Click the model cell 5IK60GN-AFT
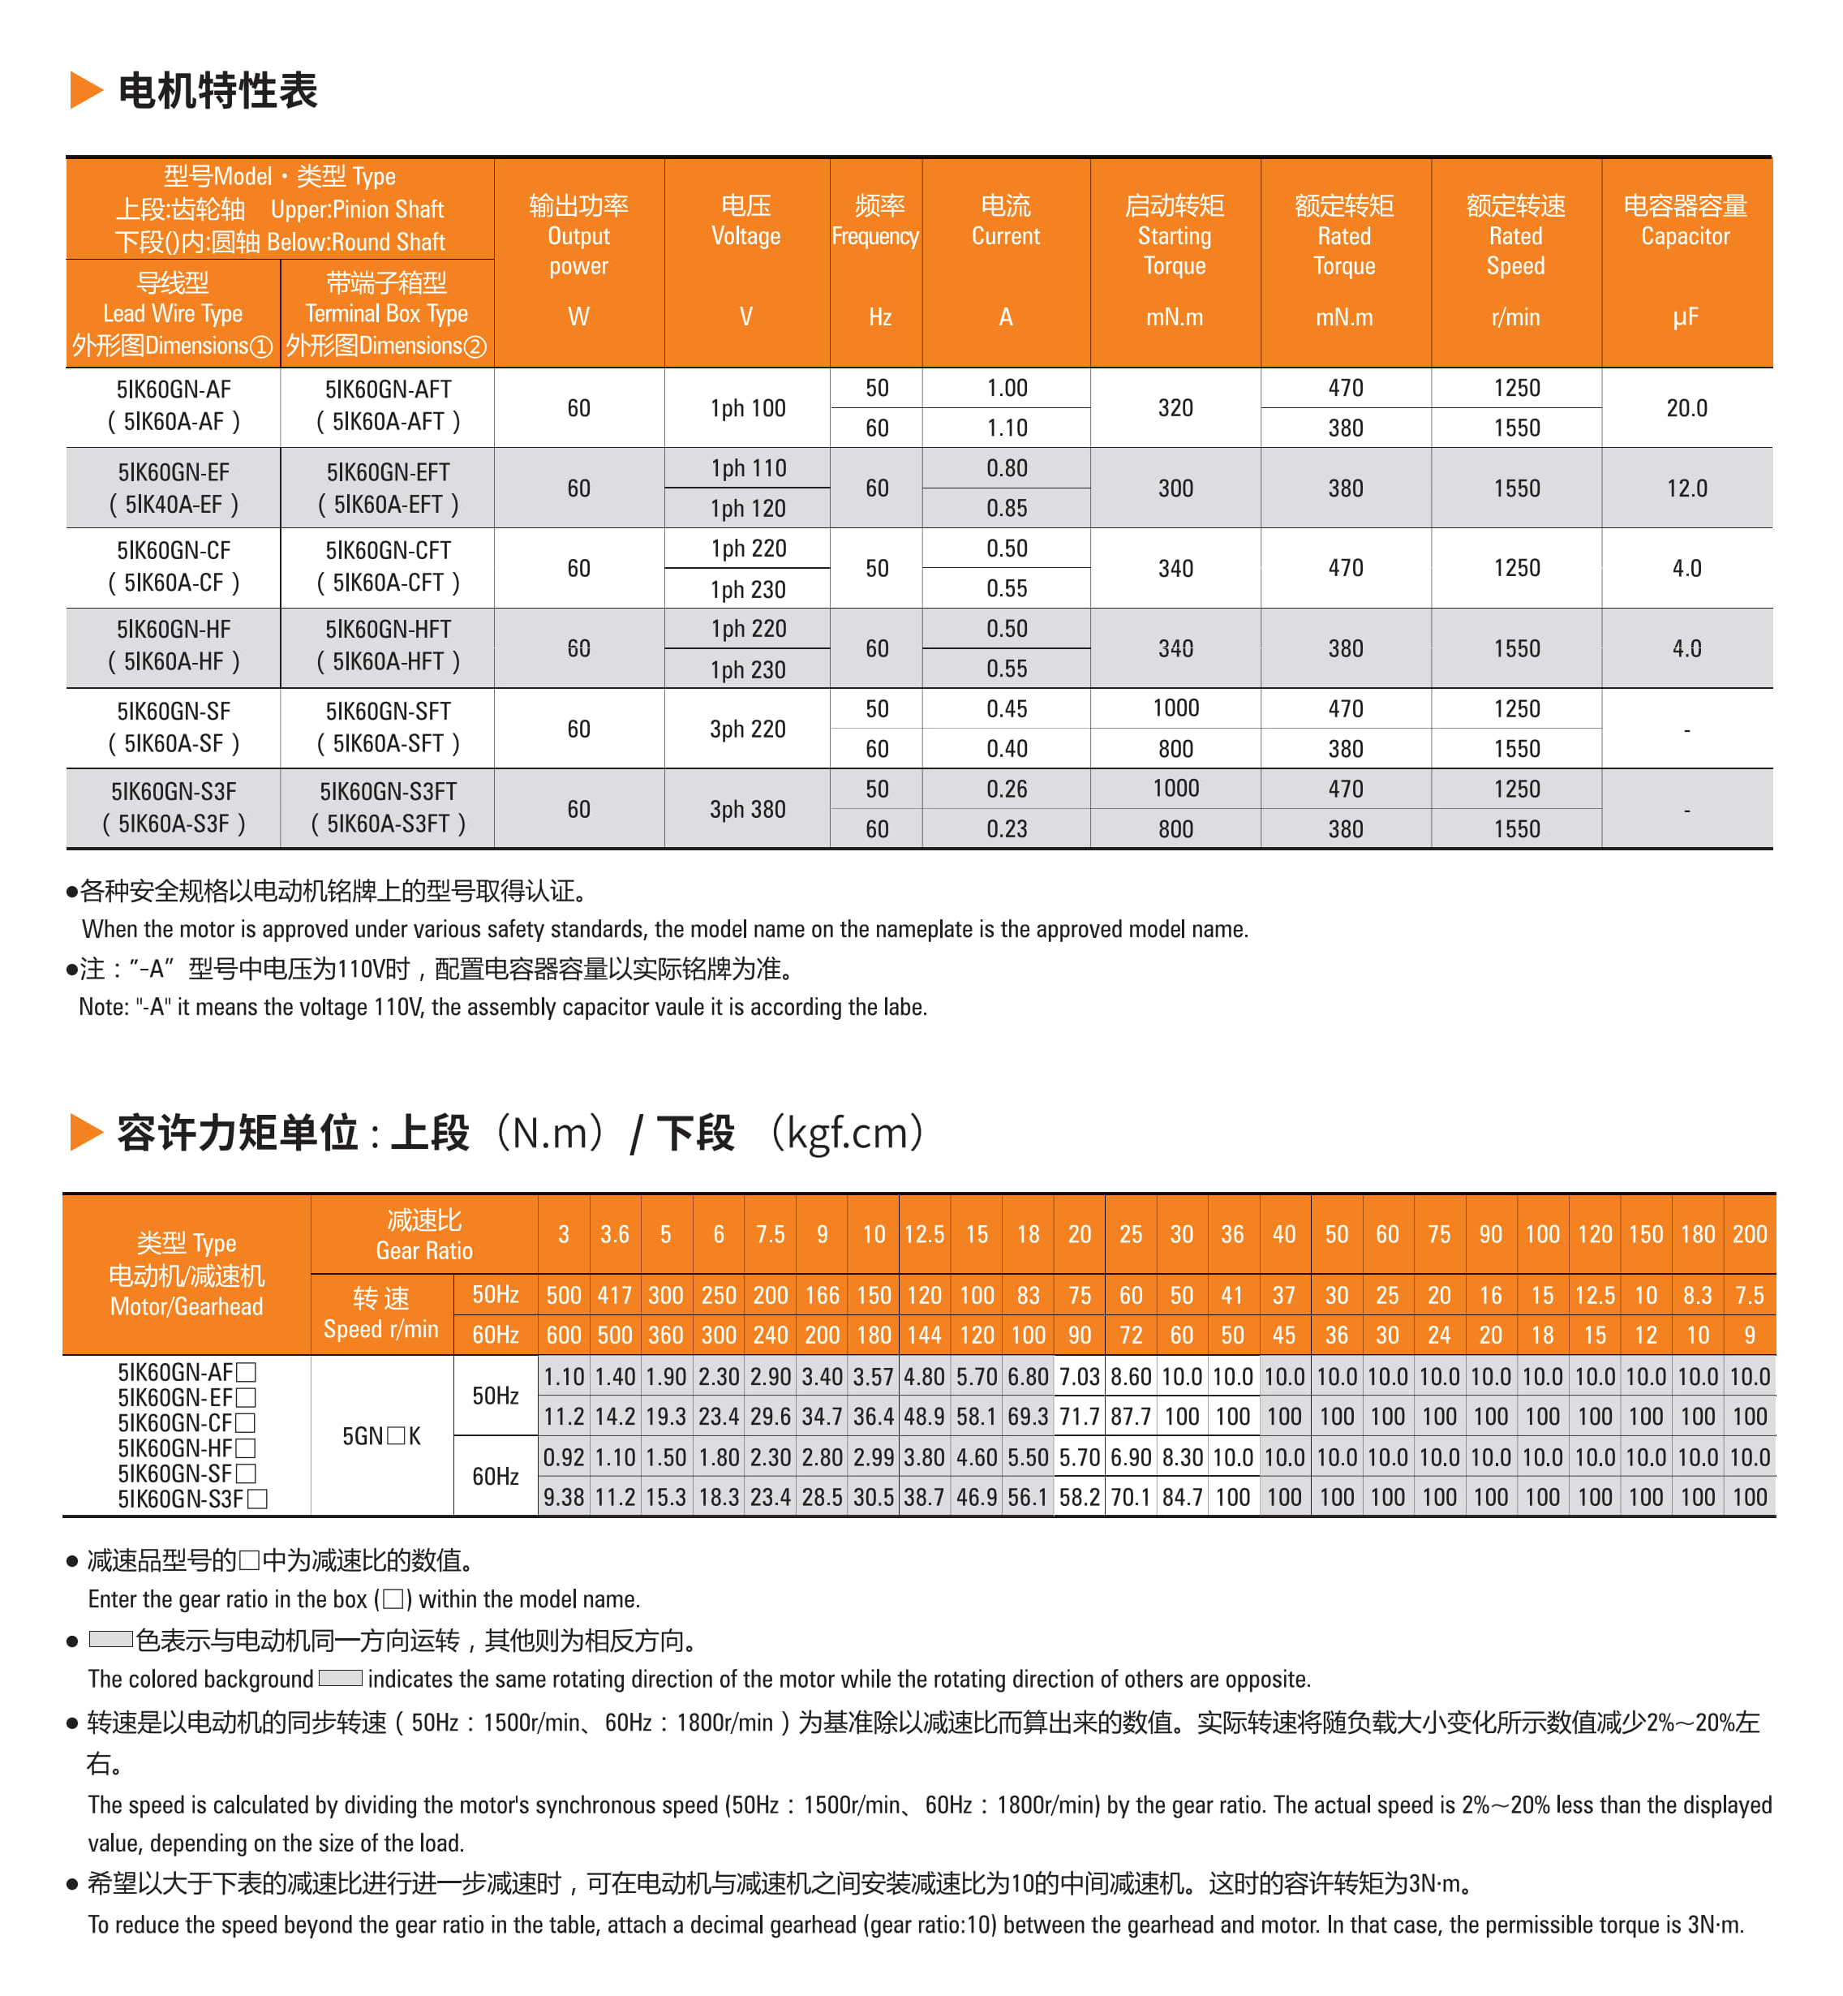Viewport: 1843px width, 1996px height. pos(388,389)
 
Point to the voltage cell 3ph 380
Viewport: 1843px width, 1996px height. pos(747,809)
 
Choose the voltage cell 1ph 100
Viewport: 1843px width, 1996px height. pos(747,408)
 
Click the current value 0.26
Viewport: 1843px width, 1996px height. pos(1007,789)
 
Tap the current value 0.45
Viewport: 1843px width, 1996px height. pos(1007,708)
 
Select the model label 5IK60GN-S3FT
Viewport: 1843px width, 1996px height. pos(388,791)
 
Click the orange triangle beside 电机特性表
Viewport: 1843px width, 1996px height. pos(86,90)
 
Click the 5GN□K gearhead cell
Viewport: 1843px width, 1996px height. pos(381,1435)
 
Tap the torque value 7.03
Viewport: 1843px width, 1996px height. pos(1079,1377)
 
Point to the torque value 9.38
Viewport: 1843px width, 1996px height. pos(564,1497)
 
